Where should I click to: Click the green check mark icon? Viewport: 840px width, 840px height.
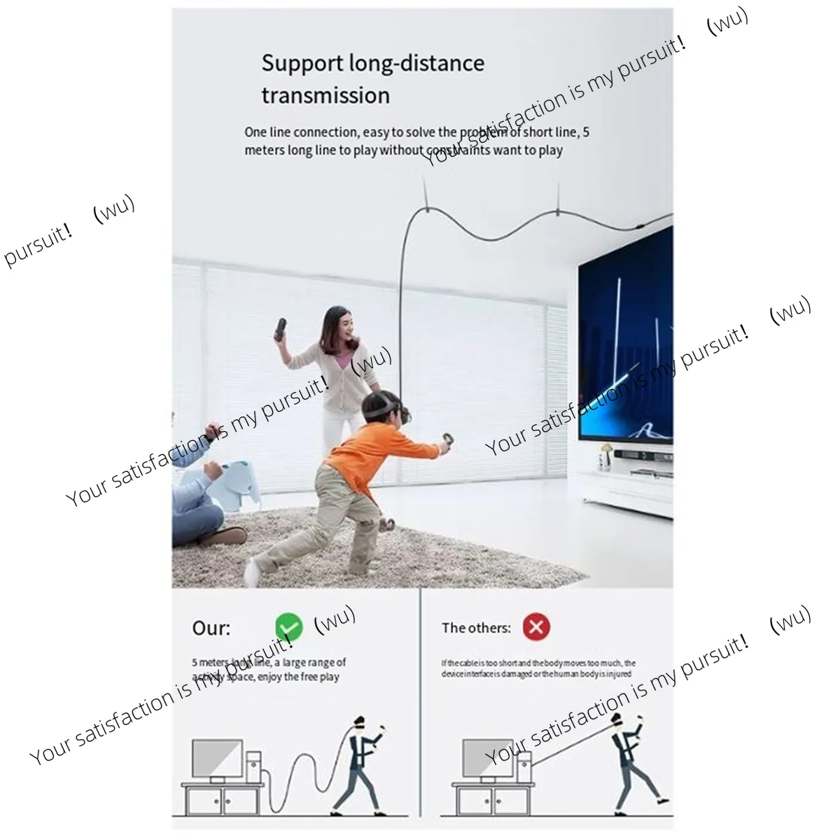(288, 627)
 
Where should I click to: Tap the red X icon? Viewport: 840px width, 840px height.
(536, 626)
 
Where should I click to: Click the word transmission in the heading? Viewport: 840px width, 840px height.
(325, 94)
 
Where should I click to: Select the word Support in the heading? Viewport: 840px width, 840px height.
(302, 63)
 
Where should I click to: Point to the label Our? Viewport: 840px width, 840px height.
(211, 628)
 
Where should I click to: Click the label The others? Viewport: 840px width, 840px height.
(476, 628)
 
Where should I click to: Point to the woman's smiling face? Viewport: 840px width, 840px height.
(337, 325)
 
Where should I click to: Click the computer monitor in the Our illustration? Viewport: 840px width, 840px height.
(217, 759)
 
